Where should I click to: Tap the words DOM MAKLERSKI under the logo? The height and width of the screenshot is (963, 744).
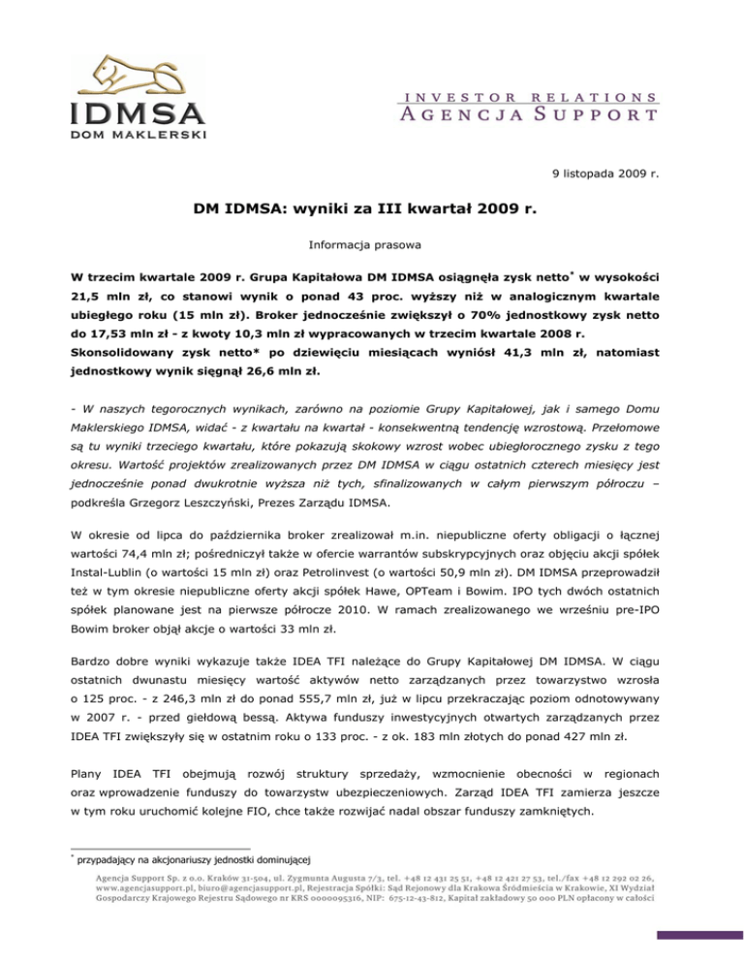[136, 134]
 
